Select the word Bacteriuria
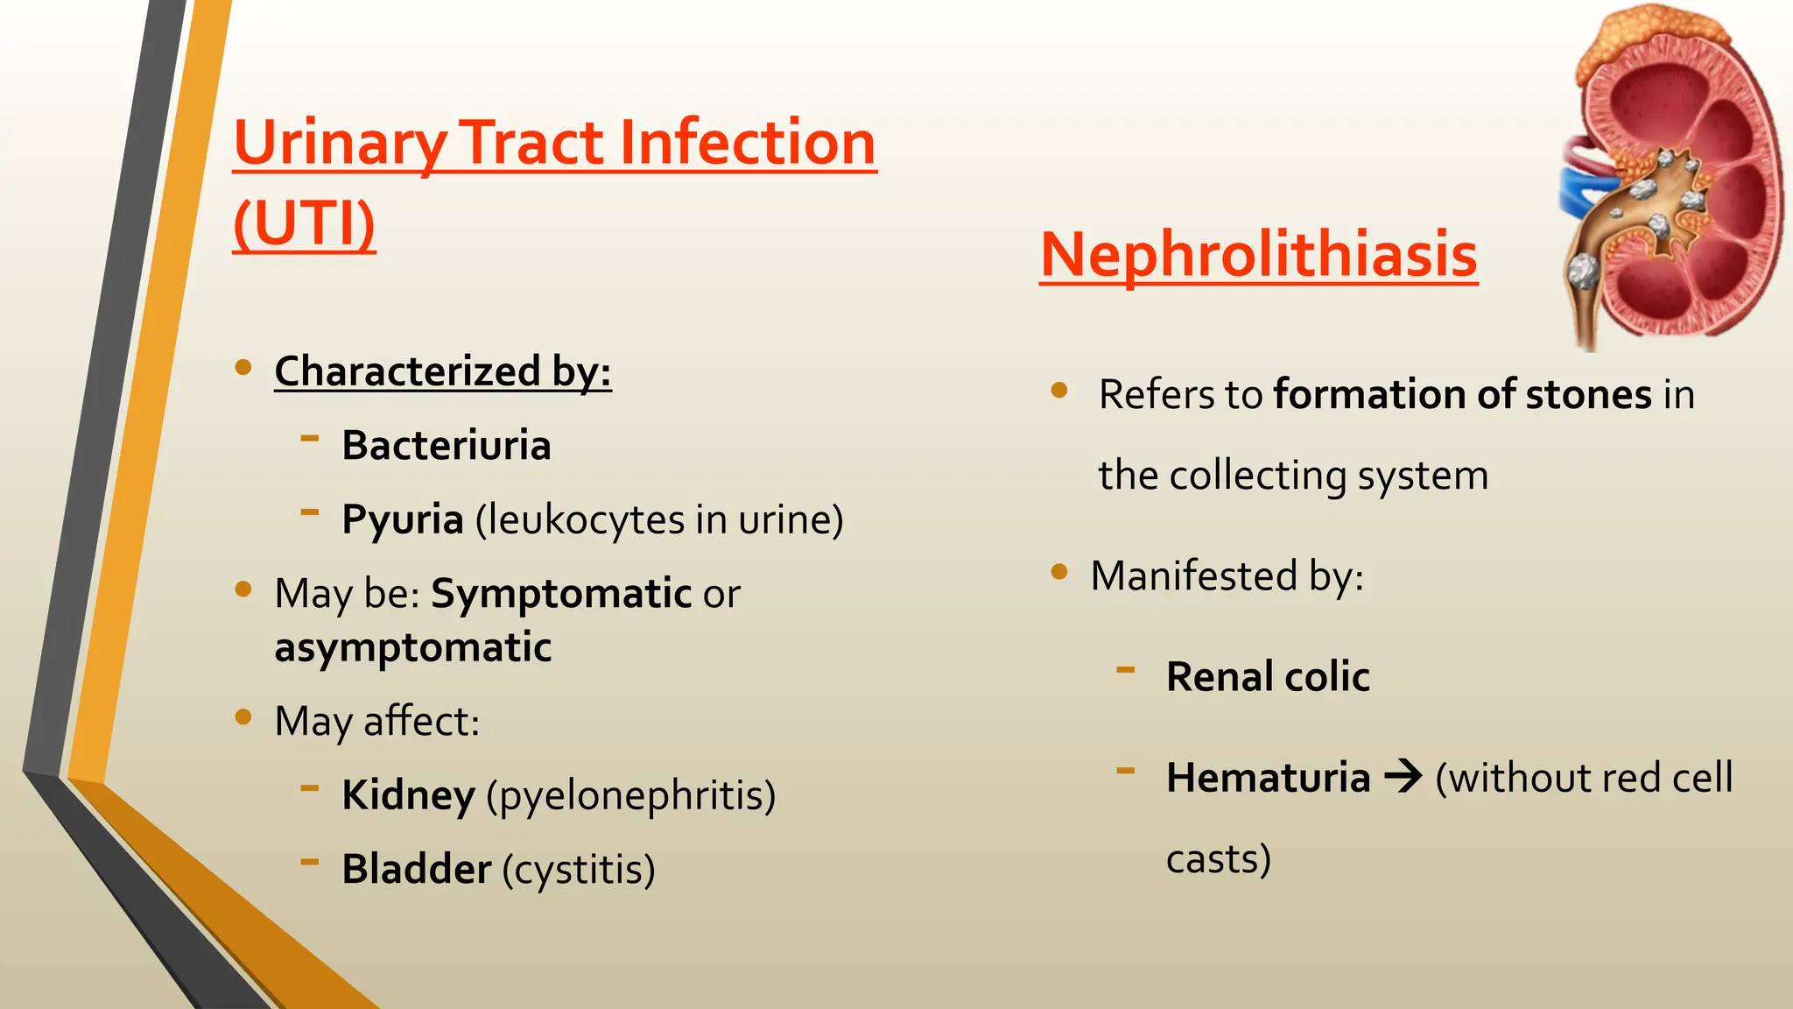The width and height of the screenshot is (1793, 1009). pyautogui.click(x=446, y=445)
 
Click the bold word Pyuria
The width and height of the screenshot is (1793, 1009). pyautogui.click(x=402, y=519)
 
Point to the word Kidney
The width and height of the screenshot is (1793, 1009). pyautogui.click(x=408, y=795)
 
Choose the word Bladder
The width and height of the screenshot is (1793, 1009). pyautogui.click(x=417, y=869)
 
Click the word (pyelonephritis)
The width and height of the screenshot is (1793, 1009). pyautogui.click(x=631, y=795)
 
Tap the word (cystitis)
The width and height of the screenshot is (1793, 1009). pyautogui.click(x=579, y=869)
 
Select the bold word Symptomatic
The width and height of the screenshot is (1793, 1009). pyautogui.click(x=561, y=594)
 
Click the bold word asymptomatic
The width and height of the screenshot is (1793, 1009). pyautogui.click(x=412, y=648)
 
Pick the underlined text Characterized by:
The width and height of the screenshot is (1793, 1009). pyautogui.click(x=442, y=371)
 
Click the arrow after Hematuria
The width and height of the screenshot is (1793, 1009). pyautogui.click(x=1403, y=777)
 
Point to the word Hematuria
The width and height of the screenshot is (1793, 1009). pyautogui.click(x=1268, y=778)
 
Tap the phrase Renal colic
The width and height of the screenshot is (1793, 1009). pyautogui.click(x=1268, y=677)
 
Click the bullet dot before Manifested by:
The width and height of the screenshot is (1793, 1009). pyautogui.click(x=1059, y=572)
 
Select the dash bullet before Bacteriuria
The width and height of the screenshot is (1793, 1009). pyautogui.click(x=310, y=436)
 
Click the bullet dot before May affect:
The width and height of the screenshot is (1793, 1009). pyautogui.click(x=243, y=717)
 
